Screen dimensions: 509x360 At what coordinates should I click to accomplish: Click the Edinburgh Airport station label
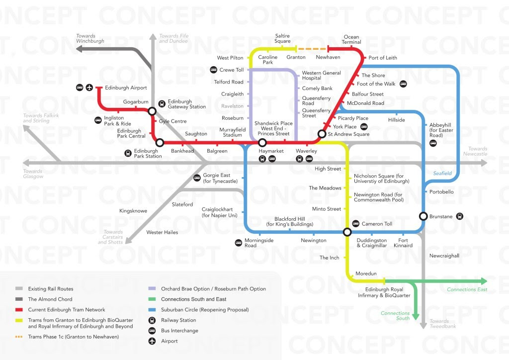point(125,88)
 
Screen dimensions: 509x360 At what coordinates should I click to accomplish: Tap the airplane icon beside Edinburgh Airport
point(89,88)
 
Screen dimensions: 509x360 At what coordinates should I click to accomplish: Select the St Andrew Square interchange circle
point(322,134)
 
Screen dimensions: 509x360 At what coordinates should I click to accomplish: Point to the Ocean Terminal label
point(351,39)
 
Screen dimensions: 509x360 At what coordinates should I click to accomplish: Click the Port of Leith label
point(383,58)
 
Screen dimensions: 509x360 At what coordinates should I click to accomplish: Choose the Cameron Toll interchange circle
point(347,232)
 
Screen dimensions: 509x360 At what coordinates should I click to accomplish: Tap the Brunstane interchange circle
point(423,216)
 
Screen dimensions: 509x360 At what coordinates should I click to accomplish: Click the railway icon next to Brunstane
point(460,216)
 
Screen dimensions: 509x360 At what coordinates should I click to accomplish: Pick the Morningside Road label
point(259,243)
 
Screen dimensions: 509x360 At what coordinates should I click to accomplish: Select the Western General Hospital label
point(322,76)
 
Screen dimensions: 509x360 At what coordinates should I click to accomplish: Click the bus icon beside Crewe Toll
point(213,70)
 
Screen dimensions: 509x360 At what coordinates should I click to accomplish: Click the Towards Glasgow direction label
point(33,174)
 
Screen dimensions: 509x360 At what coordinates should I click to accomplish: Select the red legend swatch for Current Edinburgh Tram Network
point(19,310)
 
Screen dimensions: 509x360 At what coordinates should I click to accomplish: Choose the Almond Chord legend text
point(50,299)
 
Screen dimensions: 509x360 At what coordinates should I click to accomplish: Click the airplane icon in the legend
point(152,341)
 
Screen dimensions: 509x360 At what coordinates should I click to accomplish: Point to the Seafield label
point(442,173)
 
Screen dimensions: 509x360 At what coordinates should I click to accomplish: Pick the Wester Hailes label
point(162,232)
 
